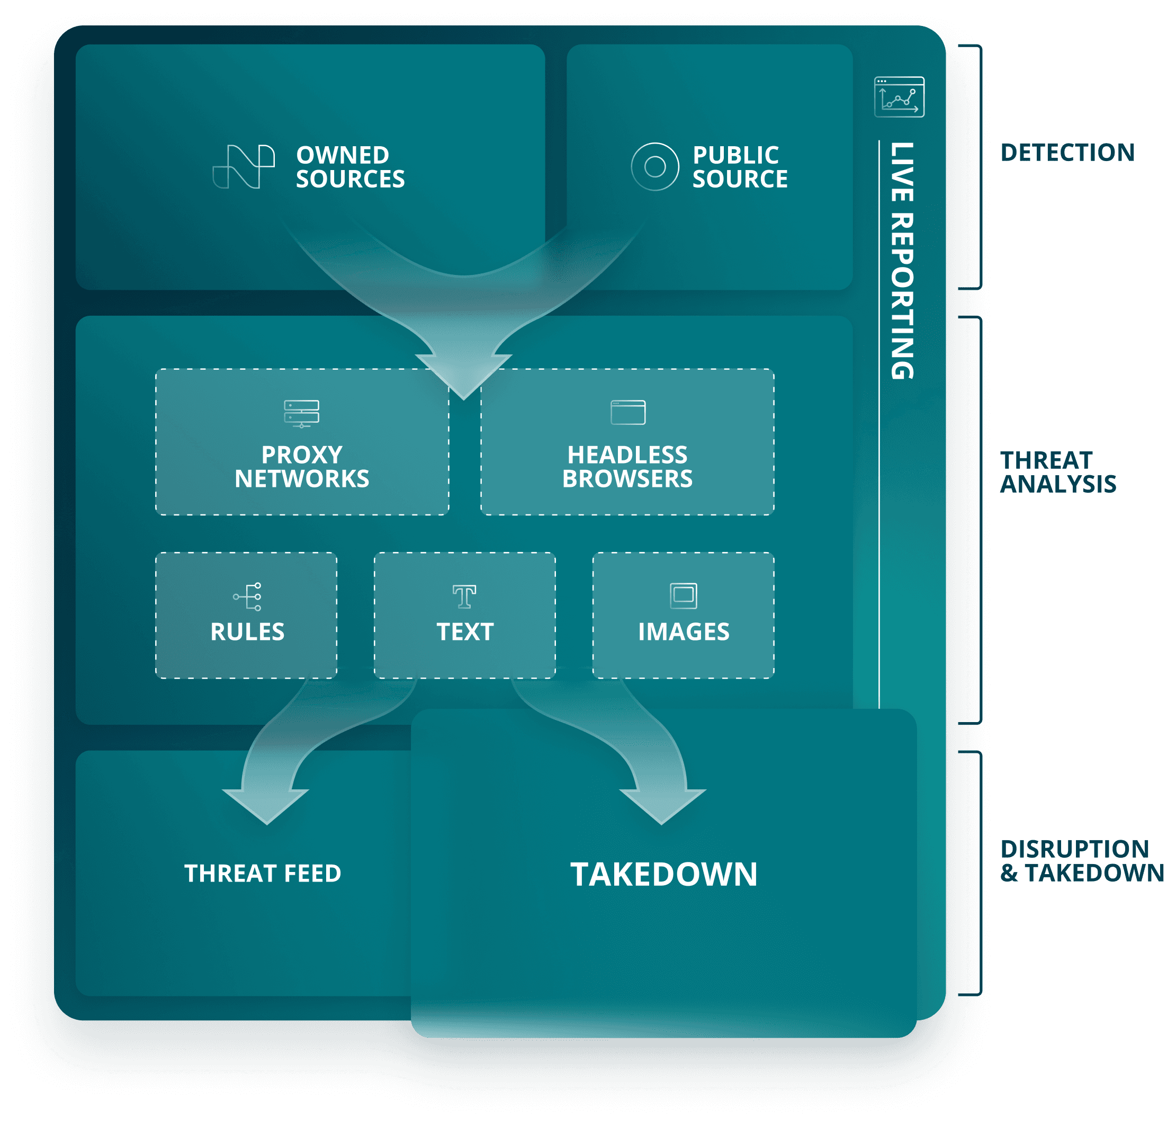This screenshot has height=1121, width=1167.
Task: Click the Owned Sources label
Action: [x=350, y=167]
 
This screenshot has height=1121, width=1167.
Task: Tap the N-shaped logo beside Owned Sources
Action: [x=244, y=167]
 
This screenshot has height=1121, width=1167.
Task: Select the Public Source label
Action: [x=740, y=167]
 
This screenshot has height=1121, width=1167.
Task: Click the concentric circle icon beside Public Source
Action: [x=654, y=167]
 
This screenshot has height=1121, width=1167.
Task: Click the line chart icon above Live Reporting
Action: [x=899, y=97]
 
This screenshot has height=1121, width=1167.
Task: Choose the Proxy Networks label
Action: [x=302, y=467]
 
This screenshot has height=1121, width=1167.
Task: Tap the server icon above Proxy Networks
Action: [x=301, y=413]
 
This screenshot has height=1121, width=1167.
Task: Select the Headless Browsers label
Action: [x=627, y=467]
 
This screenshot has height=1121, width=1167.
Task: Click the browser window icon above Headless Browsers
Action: [x=628, y=412]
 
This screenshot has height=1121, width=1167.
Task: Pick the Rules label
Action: [x=247, y=631]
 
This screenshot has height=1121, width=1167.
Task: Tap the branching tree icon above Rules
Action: [x=247, y=596]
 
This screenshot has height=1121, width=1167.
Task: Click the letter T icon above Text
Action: [x=464, y=596]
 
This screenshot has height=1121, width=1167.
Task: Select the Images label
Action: [x=684, y=631]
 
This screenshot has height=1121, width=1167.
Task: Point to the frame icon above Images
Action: [x=684, y=595]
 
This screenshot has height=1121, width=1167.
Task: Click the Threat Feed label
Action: [x=263, y=873]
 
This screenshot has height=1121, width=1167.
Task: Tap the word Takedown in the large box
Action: [x=664, y=875]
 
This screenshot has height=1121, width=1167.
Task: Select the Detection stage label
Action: [x=1067, y=153]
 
